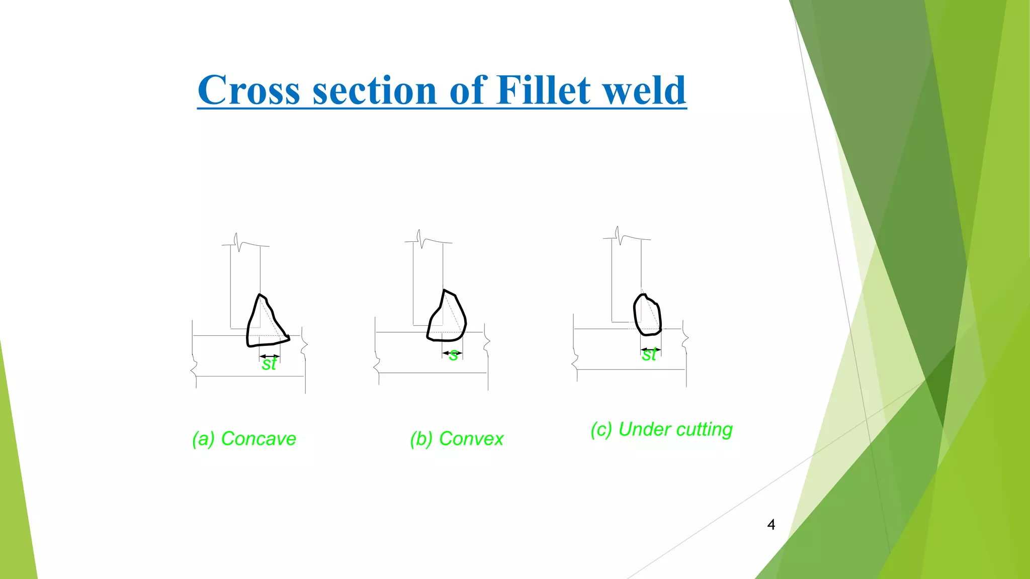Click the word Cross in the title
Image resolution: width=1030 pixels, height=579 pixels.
pyautogui.click(x=248, y=90)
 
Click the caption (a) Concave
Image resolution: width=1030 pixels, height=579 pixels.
pyautogui.click(x=244, y=439)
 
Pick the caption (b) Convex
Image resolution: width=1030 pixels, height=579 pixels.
pyautogui.click(x=456, y=439)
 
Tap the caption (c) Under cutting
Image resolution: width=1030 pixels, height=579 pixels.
pyautogui.click(x=661, y=430)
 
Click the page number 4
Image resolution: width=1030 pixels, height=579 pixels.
pyautogui.click(x=771, y=525)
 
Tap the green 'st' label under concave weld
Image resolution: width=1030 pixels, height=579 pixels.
pyautogui.click(x=269, y=364)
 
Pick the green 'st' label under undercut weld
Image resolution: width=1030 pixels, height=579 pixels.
pyautogui.click(x=649, y=355)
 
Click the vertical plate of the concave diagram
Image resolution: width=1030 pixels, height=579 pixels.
pyautogui.click(x=245, y=281)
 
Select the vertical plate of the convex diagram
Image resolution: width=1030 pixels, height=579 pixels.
pyautogui.click(x=428, y=279)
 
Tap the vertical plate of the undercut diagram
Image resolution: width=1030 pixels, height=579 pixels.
pyautogui.click(x=626, y=276)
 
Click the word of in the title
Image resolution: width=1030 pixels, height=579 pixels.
pyautogui.click(x=468, y=90)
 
